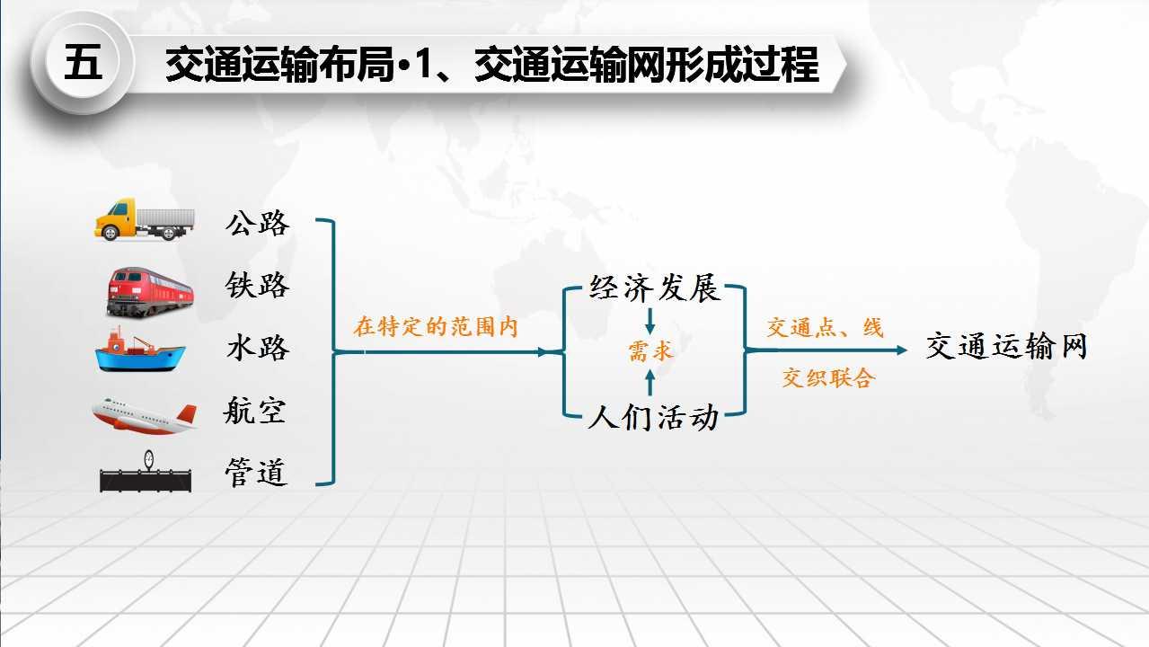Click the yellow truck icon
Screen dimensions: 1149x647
click(x=145, y=219)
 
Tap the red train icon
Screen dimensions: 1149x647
click(x=150, y=291)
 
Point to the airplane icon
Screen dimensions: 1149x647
click(x=145, y=415)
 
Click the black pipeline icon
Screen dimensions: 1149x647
click(x=146, y=472)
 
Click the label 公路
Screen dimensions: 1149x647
click(x=258, y=223)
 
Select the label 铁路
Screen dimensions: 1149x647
click(x=258, y=285)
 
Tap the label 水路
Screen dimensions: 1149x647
click(x=258, y=348)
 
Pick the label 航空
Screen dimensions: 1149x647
click(x=255, y=410)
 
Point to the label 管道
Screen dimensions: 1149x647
click(x=256, y=472)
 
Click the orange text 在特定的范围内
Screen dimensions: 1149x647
click(x=436, y=327)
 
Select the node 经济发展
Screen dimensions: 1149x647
click(x=655, y=288)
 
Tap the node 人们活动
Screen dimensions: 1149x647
click(x=653, y=417)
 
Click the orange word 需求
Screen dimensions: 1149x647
click(x=650, y=351)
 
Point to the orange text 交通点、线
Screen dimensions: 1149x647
click(x=826, y=327)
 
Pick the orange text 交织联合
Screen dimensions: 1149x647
click(x=828, y=377)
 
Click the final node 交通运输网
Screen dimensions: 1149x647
click(x=1007, y=346)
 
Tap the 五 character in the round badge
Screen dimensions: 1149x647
click(x=83, y=62)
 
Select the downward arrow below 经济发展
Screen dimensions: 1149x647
click(x=650, y=322)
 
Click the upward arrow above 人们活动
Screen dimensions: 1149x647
click(x=650, y=382)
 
